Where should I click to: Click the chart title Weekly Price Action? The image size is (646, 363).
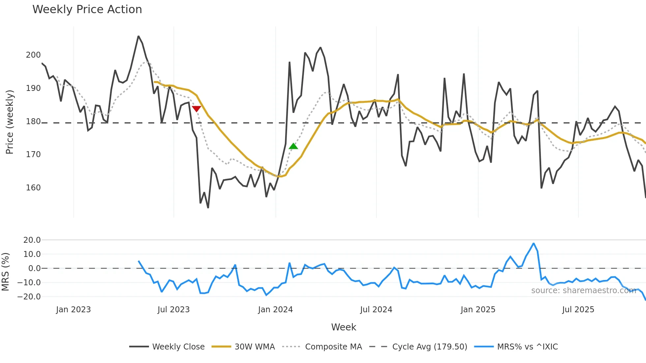click(87, 10)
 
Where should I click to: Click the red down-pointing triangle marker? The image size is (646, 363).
click(196, 109)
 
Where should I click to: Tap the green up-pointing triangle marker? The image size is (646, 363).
click(293, 146)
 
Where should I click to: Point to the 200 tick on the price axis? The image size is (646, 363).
click(33, 55)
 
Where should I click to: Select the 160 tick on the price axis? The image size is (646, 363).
click(33, 188)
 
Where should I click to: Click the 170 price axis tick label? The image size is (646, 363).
click(33, 154)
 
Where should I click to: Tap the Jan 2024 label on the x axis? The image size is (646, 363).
click(275, 310)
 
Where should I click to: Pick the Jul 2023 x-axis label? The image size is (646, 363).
click(173, 310)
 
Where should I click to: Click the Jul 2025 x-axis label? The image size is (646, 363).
click(578, 310)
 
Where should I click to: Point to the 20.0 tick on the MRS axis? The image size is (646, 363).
click(32, 240)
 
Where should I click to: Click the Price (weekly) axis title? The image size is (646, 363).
click(10, 122)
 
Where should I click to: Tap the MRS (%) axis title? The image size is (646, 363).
click(5, 272)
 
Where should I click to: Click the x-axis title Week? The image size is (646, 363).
click(343, 327)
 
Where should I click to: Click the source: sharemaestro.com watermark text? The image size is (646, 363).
click(583, 291)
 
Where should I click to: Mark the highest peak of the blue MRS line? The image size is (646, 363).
click(533, 243)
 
